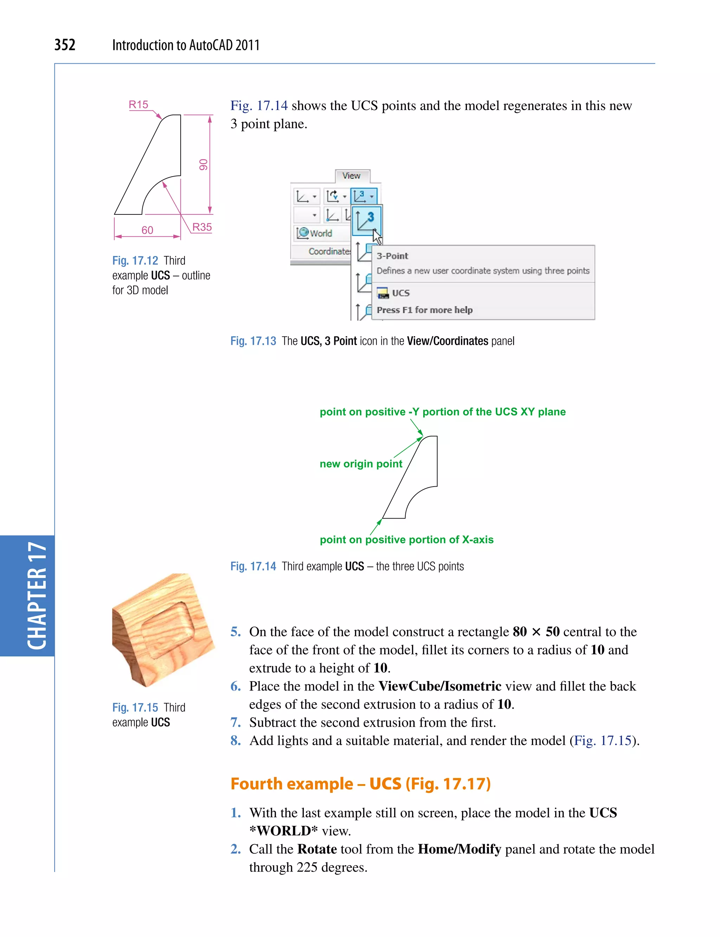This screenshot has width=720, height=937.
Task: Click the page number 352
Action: pyautogui.click(x=65, y=45)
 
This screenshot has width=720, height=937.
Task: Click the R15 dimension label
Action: pyautogui.click(x=138, y=104)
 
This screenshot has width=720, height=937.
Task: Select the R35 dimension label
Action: pyautogui.click(x=201, y=227)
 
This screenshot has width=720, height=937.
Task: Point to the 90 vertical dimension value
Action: pyautogui.click(x=204, y=165)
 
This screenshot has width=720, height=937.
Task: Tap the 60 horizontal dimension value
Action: pyautogui.click(x=147, y=230)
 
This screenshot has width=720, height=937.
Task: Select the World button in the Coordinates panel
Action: pyautogui.click(x=315, y=233)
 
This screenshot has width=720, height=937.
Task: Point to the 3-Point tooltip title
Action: pyautogui.click(x=392, y=256)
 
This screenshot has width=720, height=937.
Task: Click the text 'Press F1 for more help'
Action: pyautogui.click(x=424, y=310)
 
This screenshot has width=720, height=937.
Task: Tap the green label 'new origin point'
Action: pyautogui.click(x=361, y=464)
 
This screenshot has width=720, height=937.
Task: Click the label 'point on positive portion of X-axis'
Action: pyautogui.click(x=406, y=540)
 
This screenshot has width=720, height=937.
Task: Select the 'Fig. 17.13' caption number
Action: pyautogui.click(x=253, y=341)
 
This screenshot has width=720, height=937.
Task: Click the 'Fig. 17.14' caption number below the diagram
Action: pyautogui.click(x=253, y=567)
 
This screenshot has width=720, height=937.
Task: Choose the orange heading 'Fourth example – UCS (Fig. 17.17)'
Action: pyautogui.click(x=360, y=784)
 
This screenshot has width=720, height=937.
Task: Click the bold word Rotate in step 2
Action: pyautogui.click(x=317, y=849)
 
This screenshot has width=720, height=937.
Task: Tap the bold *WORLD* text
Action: pyautogui.click(x=283, y=831)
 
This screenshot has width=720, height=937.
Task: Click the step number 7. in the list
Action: pyautogui.click(x=236, y=723)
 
